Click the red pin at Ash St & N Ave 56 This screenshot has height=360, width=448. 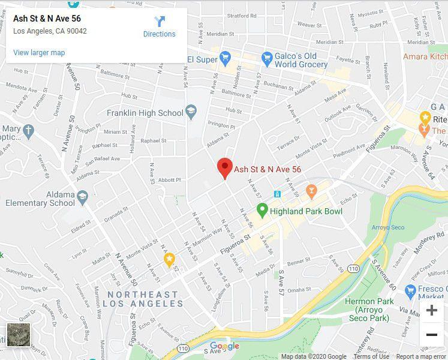pos(224,166)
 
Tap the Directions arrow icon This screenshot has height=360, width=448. pos(160,22)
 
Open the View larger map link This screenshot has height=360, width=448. pos(39,53)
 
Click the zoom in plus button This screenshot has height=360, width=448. pos(431,310)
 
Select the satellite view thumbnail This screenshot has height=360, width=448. pos(18,335)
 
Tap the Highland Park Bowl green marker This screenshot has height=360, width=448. pos(262,211)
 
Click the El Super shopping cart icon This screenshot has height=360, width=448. pos(225,59)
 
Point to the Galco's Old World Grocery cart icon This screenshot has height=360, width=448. pos(267,59)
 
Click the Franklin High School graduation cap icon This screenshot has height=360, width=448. pos(191,112)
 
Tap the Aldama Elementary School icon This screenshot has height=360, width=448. pos(82,196)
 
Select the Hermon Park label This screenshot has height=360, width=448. pos(368,302)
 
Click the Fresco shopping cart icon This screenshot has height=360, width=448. pos(411,292)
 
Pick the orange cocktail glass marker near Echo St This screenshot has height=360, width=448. pos(311,191)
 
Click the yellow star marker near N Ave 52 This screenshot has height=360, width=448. pos(169,259)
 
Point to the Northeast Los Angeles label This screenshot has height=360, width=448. pos(144,299)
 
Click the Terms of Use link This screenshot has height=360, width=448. pos(371,356)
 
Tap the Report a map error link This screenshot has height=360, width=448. pos(421,356)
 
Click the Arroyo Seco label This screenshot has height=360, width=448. pos(389,227)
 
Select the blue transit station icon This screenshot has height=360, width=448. pos(278,194)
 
